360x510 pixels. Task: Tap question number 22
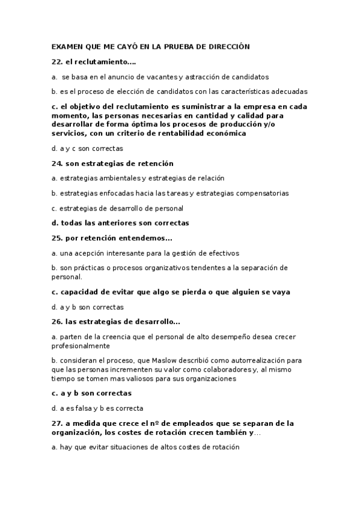57,62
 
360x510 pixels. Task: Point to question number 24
57,163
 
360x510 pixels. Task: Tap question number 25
57,238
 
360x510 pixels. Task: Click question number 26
57,321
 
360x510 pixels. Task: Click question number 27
57,423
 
